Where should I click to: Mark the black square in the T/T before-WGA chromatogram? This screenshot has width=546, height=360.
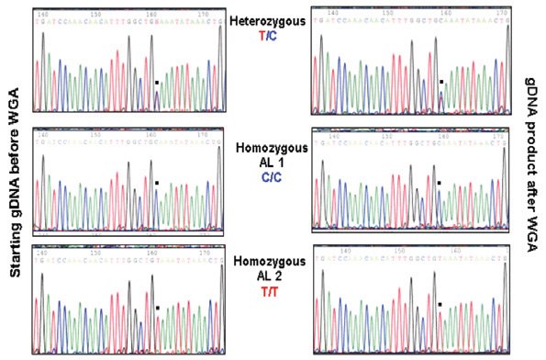pyautogui.click(x=157, y=308)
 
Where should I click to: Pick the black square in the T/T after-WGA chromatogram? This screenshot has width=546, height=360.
pyautogui.click(x=440, y=303)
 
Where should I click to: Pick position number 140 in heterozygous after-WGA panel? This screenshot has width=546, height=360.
pyautogui.click(x=327, y=12)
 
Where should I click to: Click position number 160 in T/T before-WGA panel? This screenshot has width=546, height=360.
pyautogui.click(x=150, y=248)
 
